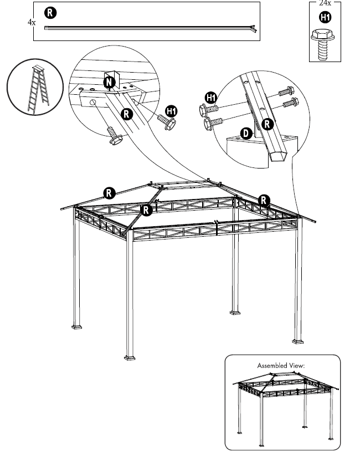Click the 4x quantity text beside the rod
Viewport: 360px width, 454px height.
click(32, 23)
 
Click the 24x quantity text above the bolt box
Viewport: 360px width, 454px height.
click(325, 3)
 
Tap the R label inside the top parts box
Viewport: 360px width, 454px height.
click(49, 12)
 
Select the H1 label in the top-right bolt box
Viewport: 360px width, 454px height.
click(326, 18)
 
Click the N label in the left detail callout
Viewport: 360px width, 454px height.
click(110, 82)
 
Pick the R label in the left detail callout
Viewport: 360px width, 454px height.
click(126, 115)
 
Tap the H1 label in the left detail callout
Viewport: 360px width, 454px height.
click(172, 111)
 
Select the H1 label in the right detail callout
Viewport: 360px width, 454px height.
click(211, 98)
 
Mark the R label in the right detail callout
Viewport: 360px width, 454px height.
click(268, 124)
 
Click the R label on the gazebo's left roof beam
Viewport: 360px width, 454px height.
click(109, 193)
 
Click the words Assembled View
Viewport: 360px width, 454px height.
click(281, 366)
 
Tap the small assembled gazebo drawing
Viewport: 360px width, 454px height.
click(282, 405)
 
